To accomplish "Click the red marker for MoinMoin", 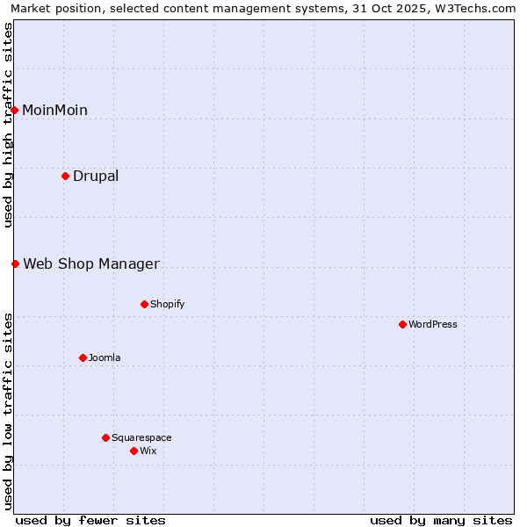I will click(x=15, y=110).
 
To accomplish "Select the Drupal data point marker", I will click(x=66, y=176).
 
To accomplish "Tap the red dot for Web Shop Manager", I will click(x=15, y=263).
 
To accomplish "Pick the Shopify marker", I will click(x=145, y=304).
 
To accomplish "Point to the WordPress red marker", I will click(x=403, y=324).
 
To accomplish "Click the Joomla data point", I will click(x=83, y=357).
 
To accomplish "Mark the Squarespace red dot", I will click(x=106, y=437).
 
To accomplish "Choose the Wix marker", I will click(x=134, y=451).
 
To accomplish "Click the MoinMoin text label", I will click(x=54, y=110).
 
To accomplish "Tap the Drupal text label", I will click(x=96, y=176).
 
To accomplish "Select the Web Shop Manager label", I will click(x=91, y=263).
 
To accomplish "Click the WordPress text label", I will click(x=433, y=324).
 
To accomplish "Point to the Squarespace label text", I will click(x=141, y=437).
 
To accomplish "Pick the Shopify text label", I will click(x=167, y=304).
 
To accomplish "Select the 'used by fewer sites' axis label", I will click(x=90, y=520).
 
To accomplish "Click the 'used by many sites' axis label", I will click(x=441, y=520).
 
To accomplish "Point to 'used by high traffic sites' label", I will click(x=8, y=125).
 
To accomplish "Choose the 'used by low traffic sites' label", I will click(x=8, y=411).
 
